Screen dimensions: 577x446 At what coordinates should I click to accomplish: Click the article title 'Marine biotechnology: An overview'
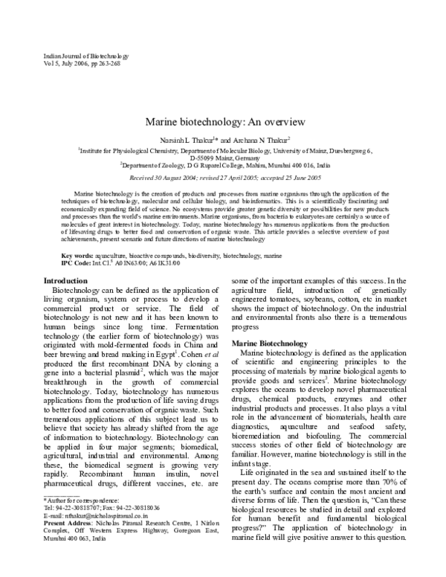pyautogui.click(x=222, y=120)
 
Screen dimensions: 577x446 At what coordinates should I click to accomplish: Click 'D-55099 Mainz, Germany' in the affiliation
pyautogui.click(x=224, y=158)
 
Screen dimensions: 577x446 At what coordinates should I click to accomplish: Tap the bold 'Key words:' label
pyautogui.click(x=77, y=235)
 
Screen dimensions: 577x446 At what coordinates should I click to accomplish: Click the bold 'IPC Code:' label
pyautogui.click(x=74, y=242)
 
